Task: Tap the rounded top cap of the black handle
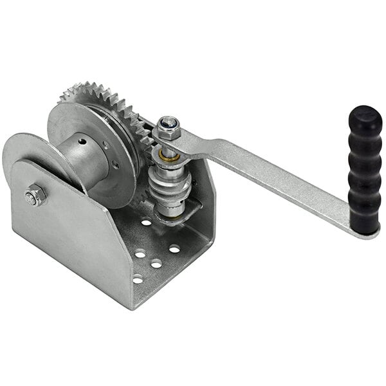[x=365, y=116]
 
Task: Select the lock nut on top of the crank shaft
[x=169, y=129]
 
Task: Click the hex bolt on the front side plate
[x=35, y=196]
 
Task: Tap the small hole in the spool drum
[x=81, y=140]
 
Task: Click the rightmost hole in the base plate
[x=174, y=248]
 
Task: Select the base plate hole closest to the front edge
[x=137, y=279]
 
